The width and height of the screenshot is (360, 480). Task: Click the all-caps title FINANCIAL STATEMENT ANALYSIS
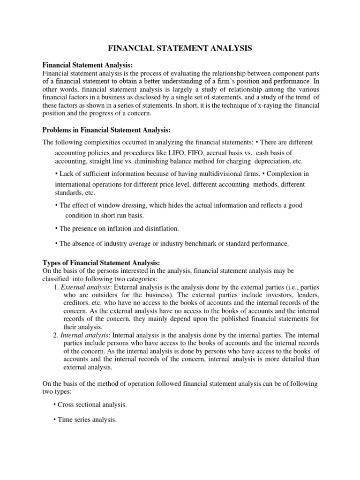(180, 48)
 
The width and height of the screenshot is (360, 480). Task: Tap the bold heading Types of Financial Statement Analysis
(102, 262)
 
